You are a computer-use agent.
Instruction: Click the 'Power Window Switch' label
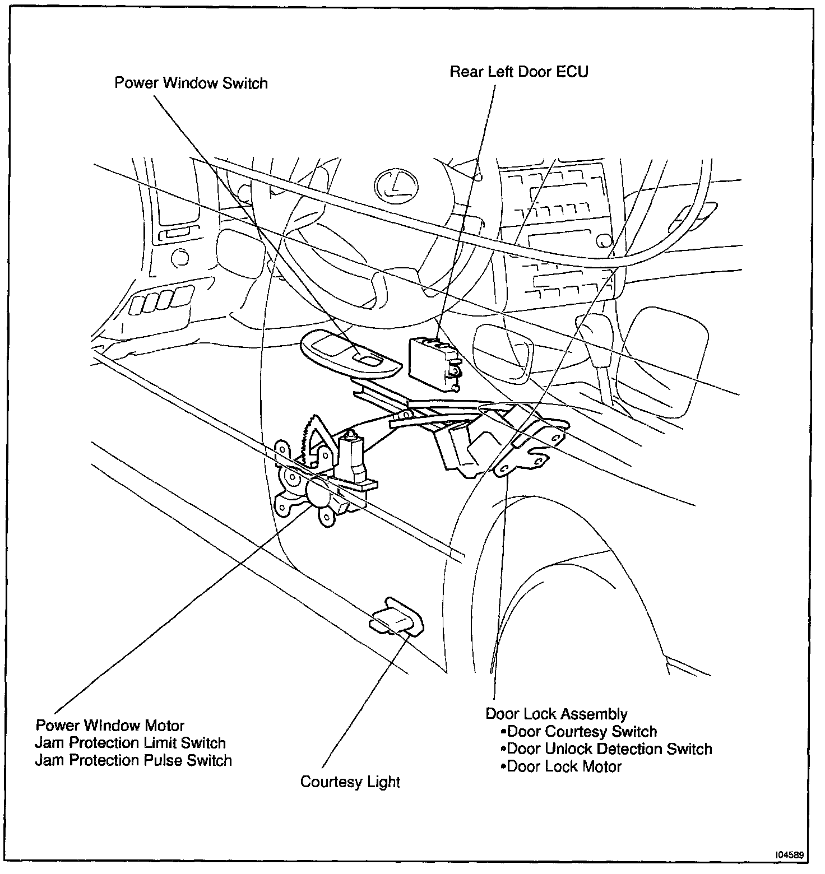pos(191,83)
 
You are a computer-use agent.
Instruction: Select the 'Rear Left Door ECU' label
pos(519,72)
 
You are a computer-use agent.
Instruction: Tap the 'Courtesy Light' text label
pos(350,782)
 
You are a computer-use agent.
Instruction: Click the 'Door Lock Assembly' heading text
pos(556,714)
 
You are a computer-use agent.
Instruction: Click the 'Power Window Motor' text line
pos(110,726)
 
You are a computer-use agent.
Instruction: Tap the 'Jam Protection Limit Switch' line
pos(130,743)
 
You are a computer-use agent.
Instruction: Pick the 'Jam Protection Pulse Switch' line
pos(133,760)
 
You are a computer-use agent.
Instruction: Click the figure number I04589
pos(790,855)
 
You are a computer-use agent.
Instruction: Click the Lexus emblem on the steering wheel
pos(396,185)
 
